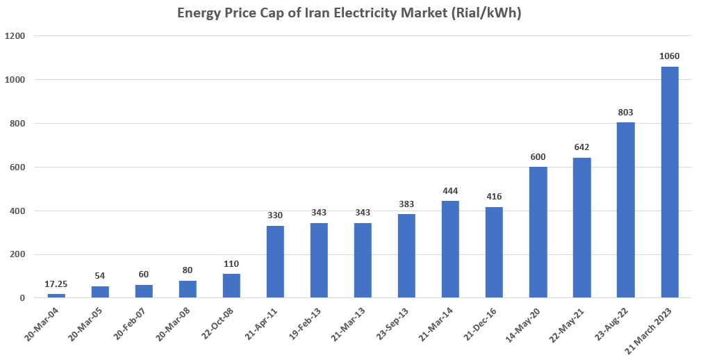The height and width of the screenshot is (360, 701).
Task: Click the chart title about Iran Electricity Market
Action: tap(350, 13)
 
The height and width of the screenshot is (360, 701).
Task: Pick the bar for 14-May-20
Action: tap(538, 232)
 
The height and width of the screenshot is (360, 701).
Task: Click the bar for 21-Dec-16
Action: tap(494, 252)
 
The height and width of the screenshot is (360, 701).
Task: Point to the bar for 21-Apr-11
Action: tap(275, 262)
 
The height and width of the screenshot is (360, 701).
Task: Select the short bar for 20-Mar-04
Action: tap(56, 296)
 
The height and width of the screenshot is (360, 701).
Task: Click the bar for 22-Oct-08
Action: tap(231, 286)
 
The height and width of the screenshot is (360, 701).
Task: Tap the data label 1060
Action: tap(669, 56)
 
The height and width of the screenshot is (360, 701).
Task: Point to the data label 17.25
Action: tap(56, 284)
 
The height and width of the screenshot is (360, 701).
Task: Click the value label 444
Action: tap(450, 191)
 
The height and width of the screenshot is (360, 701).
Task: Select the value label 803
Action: tap(625, 112)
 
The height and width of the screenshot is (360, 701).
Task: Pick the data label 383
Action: tap(406, 204)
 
